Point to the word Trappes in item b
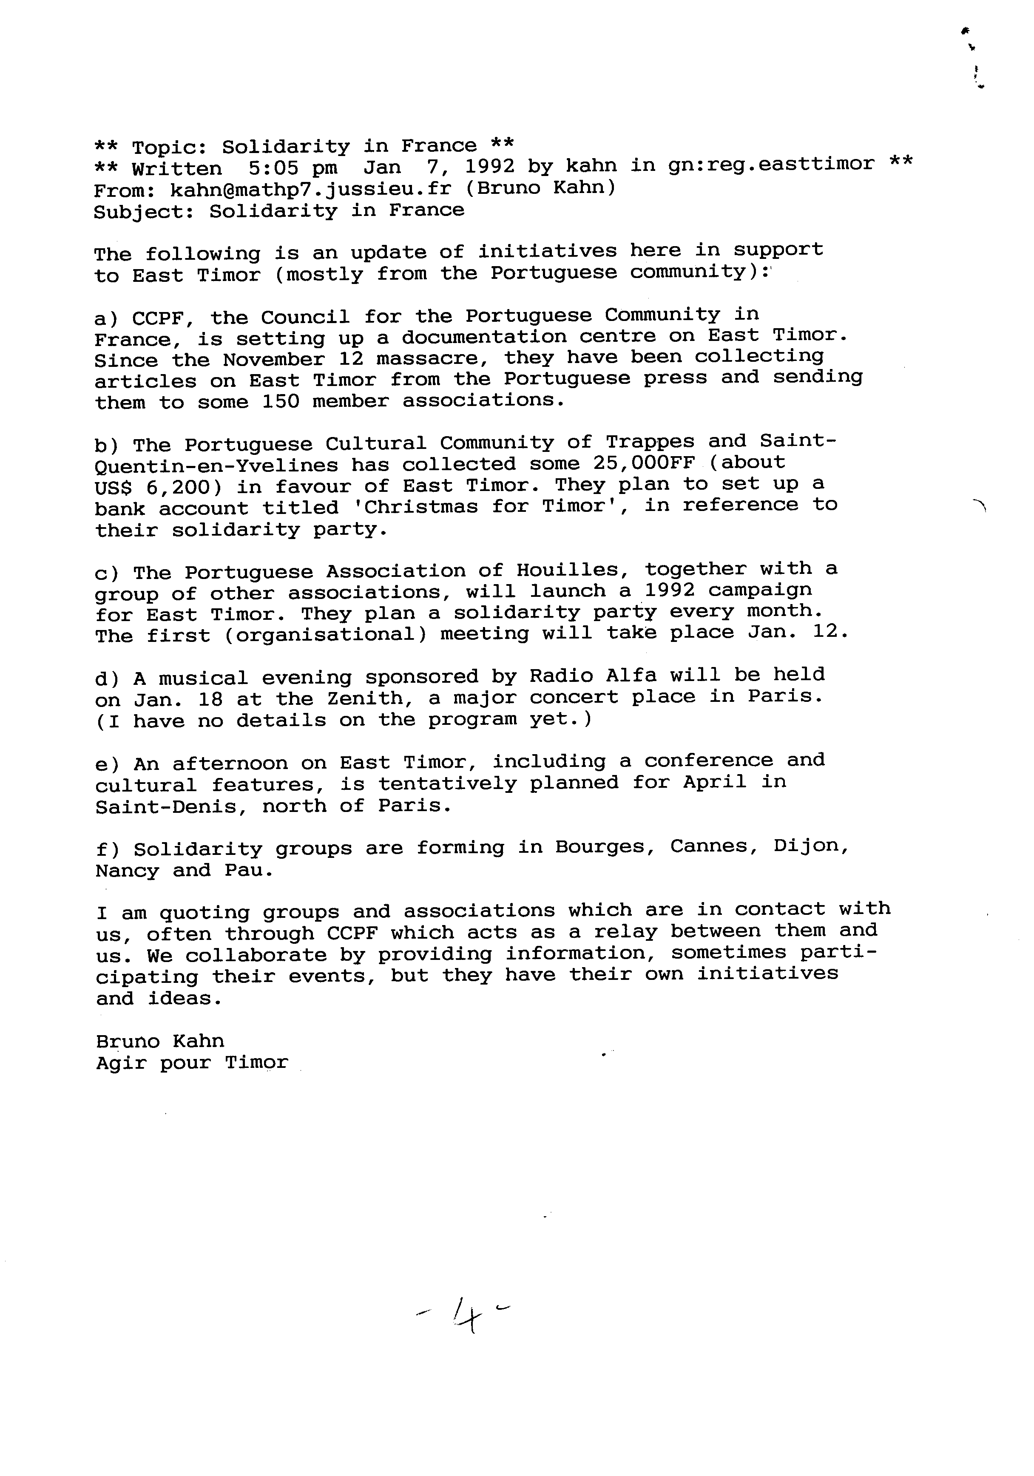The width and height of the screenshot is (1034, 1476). click(650, 442)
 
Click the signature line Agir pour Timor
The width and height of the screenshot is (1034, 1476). click(192, 1063)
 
